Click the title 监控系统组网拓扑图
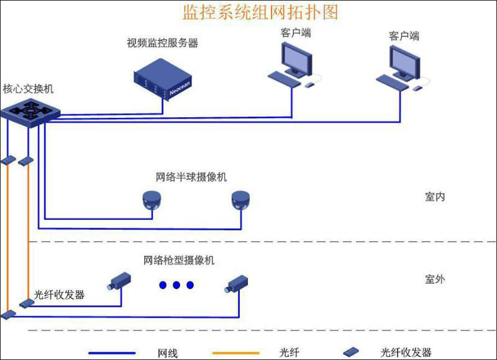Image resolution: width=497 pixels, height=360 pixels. pyautogui.click(x=260, y=12)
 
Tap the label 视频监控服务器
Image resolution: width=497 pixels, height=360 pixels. pyautogui.click(x=162, y=43)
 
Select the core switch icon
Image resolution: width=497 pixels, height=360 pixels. pyautogui.click(x=29, y=112)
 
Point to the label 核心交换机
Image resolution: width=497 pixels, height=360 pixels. pyautogui.click(x=28, y=89)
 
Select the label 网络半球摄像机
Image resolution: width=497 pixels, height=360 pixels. pyautogui.click(x=191, y=177)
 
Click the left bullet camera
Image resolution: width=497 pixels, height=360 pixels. pyautogui.click(x=119, y=281)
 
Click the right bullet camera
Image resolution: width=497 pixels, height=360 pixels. pyautogui.click(x=236, y=283)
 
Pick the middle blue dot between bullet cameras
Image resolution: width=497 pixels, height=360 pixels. pyautogui.click(x=176, y=285)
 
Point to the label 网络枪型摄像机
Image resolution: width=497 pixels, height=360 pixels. pyautogui.click(x=179, y=260)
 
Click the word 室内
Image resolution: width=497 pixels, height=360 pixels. pyautogui.click(x=435, y=197)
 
